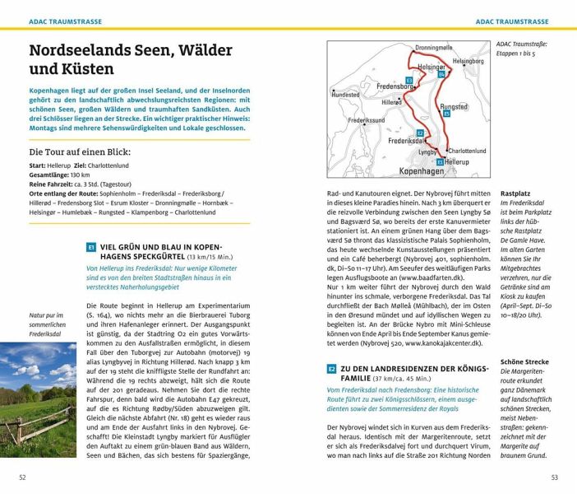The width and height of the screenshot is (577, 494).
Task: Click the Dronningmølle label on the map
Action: click(433, 48)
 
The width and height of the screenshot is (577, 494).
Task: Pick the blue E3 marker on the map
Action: click(409, 79)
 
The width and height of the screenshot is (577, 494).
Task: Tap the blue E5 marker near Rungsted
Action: click(445, 114)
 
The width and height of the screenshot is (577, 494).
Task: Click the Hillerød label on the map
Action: click(392, 102)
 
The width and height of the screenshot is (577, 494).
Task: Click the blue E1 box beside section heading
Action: click(90, 247)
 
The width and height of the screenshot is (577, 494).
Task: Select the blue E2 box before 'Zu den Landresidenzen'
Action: click(332, 369)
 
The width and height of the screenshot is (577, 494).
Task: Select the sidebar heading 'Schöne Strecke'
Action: click(524, 361)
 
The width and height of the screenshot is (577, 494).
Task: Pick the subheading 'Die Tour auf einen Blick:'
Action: click(80, 152)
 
